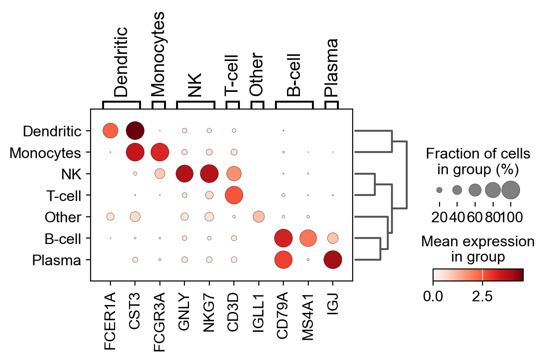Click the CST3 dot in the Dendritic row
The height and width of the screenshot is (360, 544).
point(135,131)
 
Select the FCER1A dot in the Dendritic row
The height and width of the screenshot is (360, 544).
point(110,131)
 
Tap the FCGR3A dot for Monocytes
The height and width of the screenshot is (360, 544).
point(159,152)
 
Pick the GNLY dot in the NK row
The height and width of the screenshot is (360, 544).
point(184,174)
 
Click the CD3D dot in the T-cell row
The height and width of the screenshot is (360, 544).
point(234,195)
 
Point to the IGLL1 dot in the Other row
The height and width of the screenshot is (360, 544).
point(258,216)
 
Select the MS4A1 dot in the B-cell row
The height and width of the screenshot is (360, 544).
point(308,238)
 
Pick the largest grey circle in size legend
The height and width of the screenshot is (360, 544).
point(511,189)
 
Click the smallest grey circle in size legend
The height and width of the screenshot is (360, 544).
point(439,189)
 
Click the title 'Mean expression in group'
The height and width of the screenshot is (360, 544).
point(478,249)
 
